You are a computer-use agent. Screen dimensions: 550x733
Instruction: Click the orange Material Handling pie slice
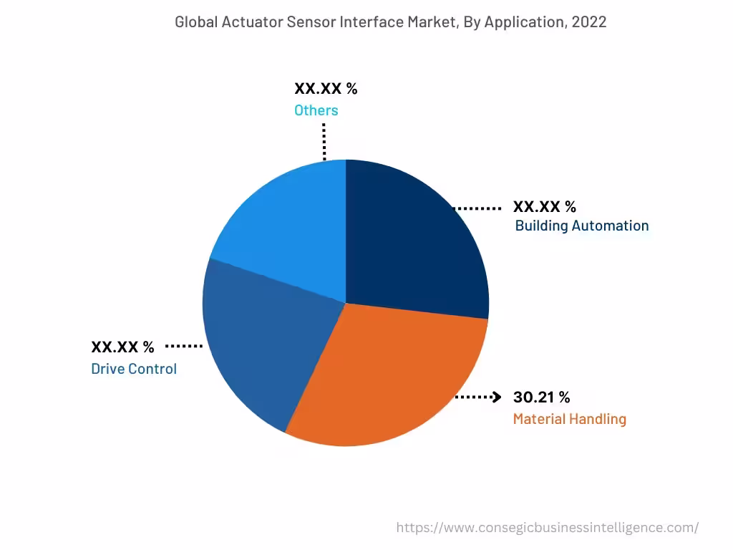click(x=387, y=380)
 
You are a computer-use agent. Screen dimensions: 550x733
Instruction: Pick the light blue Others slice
click(x=286, y=229)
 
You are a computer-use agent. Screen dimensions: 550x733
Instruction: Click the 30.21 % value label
click(x=541, y=397)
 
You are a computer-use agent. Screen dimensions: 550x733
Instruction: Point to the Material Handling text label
click(x=569, y=419)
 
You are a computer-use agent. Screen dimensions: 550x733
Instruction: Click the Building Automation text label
click(x=581, y=226)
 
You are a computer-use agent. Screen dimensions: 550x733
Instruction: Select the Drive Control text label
click(x=134, y=370)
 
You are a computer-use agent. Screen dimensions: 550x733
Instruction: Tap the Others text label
click(x=316, y=110)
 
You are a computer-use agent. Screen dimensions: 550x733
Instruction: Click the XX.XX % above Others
click(x=326, y=89)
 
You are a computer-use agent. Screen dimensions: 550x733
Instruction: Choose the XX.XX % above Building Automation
click(x=544, y=207)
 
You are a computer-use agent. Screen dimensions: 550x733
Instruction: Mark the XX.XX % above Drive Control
click(x=122, y=347)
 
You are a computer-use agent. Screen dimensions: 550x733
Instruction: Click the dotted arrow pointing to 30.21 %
click(x=478, y=397)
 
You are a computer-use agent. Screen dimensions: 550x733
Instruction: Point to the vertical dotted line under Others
click(x=324, y=141)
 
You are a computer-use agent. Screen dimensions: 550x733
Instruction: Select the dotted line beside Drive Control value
click(x=184, y=347)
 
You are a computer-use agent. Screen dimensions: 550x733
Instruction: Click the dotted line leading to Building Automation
click(x=478, y=208)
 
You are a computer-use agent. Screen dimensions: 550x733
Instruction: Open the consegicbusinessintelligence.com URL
click(x=548, y=528)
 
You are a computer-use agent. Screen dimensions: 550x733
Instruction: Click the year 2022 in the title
click(x=588, y=22)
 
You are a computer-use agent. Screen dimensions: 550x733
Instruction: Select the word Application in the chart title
click(x=525, y=22)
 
